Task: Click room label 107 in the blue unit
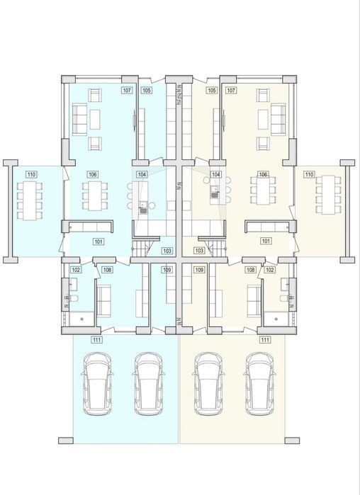pos(127,90)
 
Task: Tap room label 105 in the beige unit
pos(212,90)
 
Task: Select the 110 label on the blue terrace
pos(31,174)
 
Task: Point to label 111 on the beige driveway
pos(265,340)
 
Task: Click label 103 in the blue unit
pos(167,251)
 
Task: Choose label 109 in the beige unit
pos(199,270)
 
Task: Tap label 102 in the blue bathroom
pos(76,270)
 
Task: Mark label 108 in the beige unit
pos(251,270)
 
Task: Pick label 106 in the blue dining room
pos(93,174)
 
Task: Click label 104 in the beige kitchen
pos(216,174)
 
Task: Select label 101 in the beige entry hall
pos(266,241)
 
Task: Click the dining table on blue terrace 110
pos(30,201)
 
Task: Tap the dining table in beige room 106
pos(263,190)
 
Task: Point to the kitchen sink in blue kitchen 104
pos(143,207)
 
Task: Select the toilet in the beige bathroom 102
pos(284,298)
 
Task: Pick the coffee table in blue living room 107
pos(95,120)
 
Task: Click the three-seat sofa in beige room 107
pos(278,120)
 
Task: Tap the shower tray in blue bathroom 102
pos(81,319)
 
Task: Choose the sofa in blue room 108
pos(103,300)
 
